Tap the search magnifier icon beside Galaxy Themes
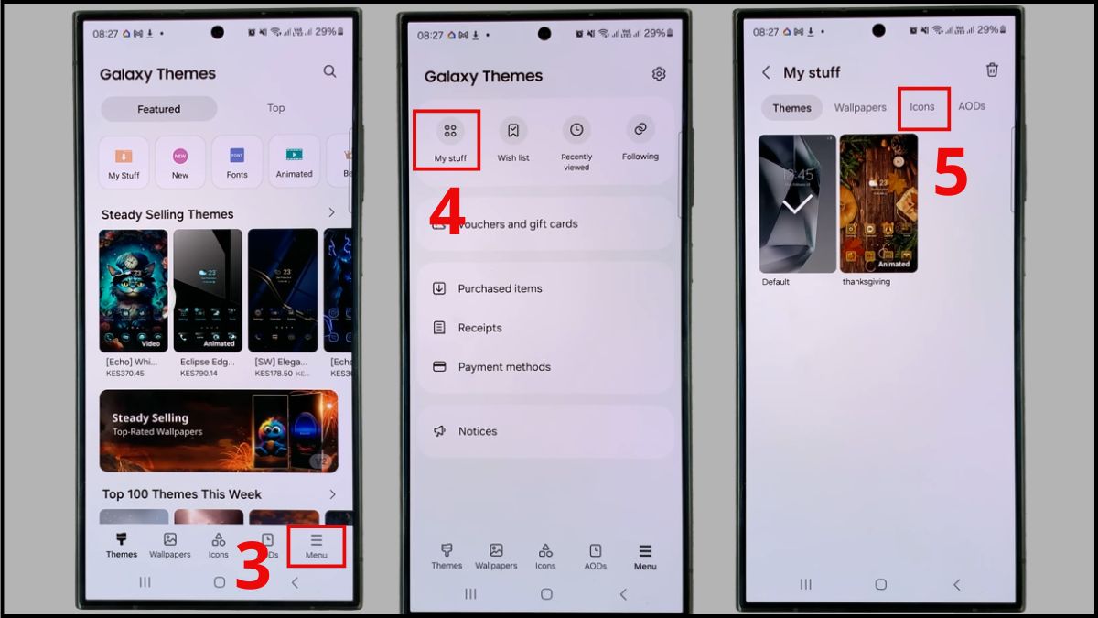(x=329, y=71)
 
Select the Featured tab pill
(x=159, y=109)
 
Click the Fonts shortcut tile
(x=237, y=161)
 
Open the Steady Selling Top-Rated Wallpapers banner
(x=219, y=431)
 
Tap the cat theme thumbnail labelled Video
(x=134, y=290)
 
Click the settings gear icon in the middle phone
(x=659, y=74)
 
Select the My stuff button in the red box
(x=450, y=139)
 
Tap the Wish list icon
(x=513, y=131)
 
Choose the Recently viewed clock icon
(x=576, y=131)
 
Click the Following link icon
(x=640, y=130)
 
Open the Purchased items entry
(x=500, y=288)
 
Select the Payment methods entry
(x=504, y=367)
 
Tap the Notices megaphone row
(x=477, y=431)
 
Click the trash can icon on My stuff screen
(x=992, y=70)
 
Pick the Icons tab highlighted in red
(x=922, y=107)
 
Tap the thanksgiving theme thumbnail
(x=878, y=203)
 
